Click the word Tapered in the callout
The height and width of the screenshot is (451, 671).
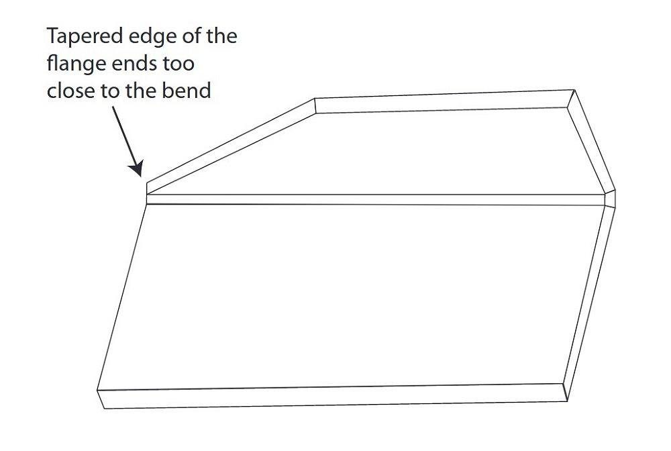click(85, 37)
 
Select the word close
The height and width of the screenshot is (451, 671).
click(70, 91)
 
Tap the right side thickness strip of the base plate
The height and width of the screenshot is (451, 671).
click(589, 304)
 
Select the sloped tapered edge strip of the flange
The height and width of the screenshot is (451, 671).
click(231, 146)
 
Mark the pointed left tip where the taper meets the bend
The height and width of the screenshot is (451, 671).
click(147, 194)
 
